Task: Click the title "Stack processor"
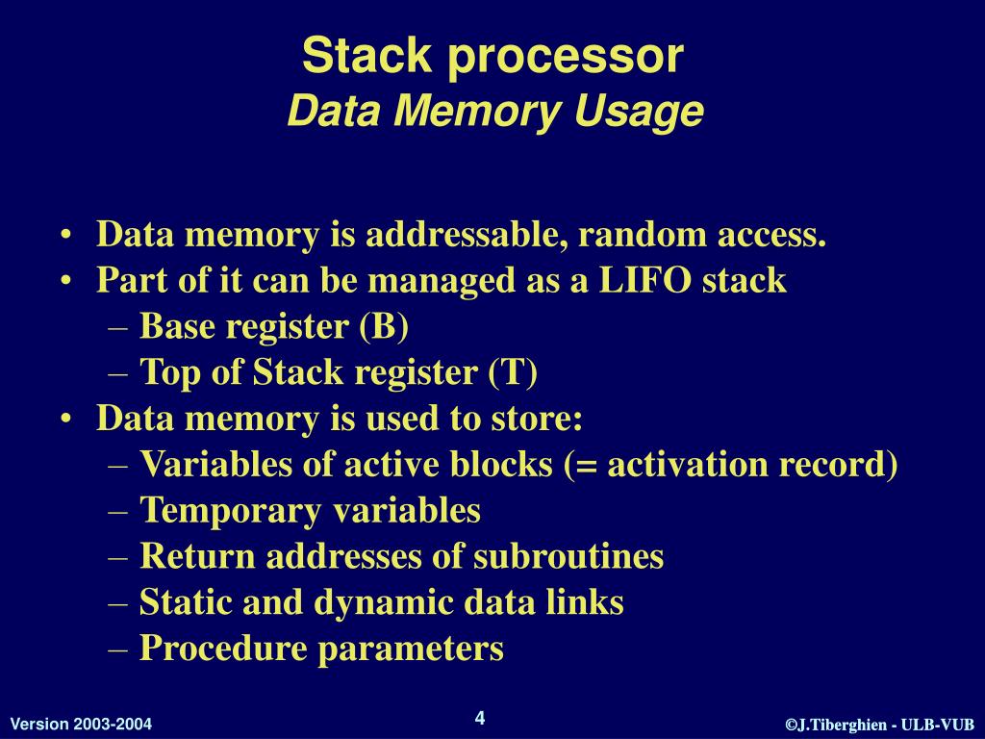coord(492,56)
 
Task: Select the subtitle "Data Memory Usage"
coord(495,112)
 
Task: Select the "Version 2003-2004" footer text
coord(81,725)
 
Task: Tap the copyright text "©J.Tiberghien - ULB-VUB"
coord(880,725)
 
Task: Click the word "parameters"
coord(412,650)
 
